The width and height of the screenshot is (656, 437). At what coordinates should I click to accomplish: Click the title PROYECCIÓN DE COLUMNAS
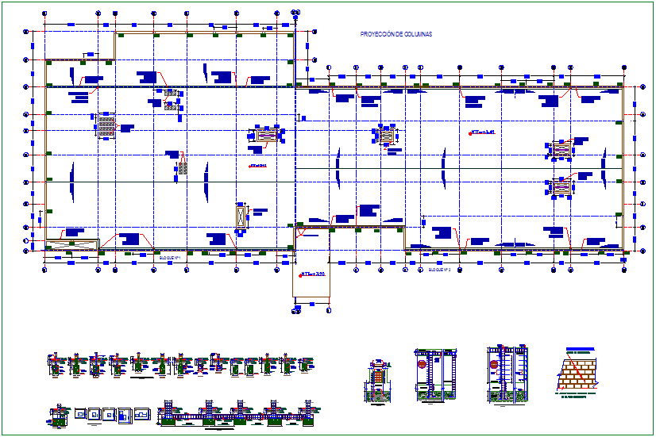390,35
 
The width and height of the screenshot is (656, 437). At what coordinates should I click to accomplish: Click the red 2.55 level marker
312,274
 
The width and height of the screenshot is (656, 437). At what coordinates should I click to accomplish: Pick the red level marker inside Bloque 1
257,167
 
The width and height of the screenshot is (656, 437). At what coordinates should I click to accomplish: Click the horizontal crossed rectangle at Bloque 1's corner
71,244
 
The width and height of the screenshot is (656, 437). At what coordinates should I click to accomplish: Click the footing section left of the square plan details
58,415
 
